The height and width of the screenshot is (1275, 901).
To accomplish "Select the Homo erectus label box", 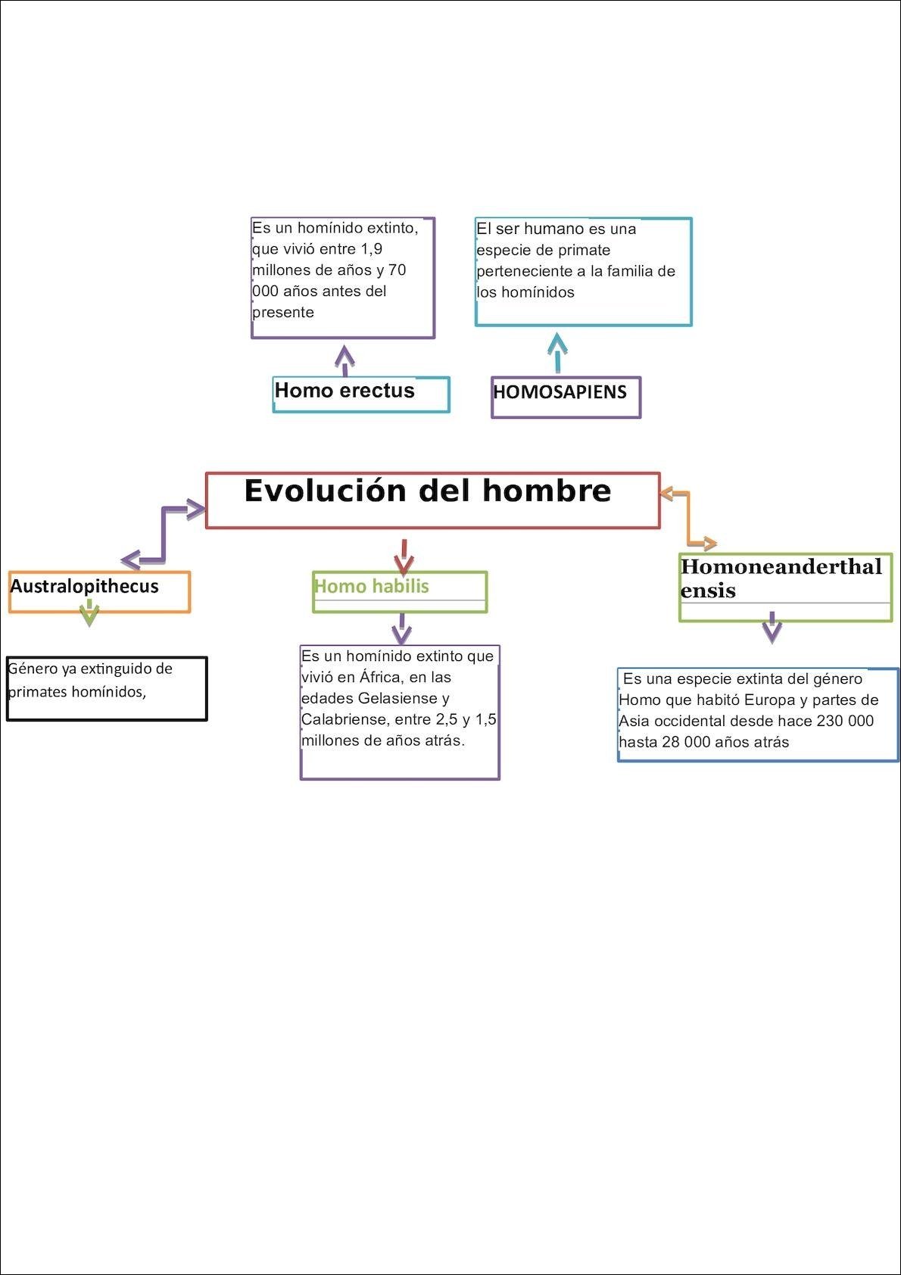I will click(x=360, y=394).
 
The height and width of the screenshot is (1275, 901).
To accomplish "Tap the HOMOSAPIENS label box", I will click(x=566, y=397).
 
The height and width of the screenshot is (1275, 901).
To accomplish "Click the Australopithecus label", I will click(x=99, y=591).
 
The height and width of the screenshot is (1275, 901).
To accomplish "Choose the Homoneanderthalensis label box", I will click(x=785, y=587).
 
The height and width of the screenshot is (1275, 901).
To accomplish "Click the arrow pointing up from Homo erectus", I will click(x=345, y=360).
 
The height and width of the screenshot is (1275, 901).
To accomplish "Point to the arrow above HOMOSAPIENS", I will click(x=558, y=353).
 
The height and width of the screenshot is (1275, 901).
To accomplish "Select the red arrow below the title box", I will click(x=404, y=556).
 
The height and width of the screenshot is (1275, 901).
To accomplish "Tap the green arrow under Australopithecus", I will click(x=89, y=613).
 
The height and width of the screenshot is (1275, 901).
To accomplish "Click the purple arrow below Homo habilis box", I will click(x=401, y=628).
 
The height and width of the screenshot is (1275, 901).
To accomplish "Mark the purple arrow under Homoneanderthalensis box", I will click(x=772, y=627).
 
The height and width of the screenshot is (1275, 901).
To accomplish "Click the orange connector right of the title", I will click(x=688, y=519).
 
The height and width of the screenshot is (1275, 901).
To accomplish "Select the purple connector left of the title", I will click(x=164, y=535).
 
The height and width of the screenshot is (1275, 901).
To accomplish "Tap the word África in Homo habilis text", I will click(x=379, y=677).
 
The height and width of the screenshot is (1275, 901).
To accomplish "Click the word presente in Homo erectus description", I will click(x=282, y=312).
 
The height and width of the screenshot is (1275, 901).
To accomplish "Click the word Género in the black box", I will click(x=33, y=669).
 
